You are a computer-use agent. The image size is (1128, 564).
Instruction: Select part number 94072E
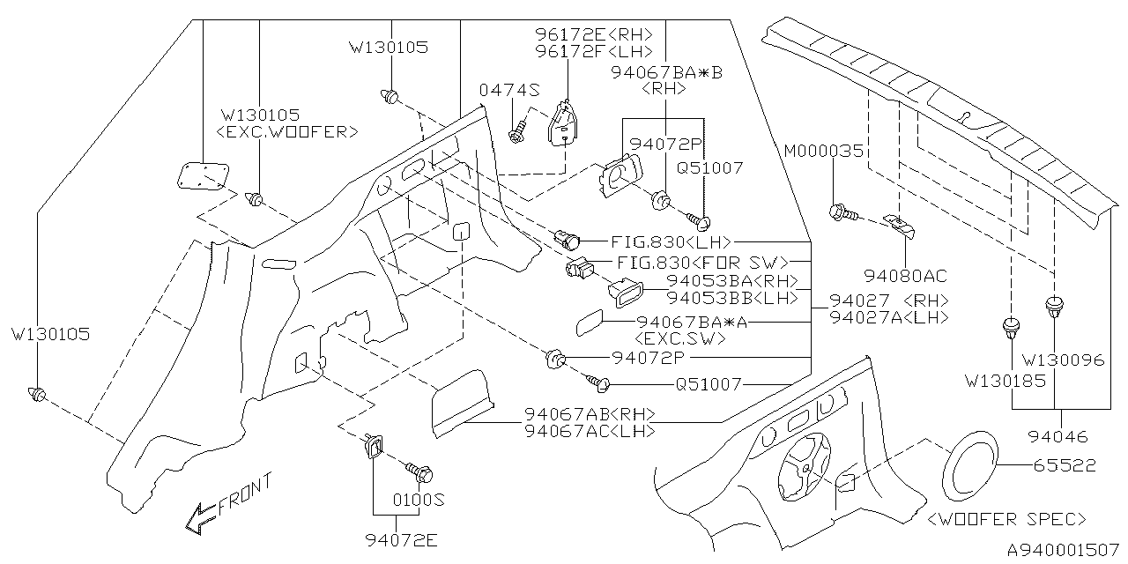point(401,541)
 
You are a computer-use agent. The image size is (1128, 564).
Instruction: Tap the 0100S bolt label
point(419,500)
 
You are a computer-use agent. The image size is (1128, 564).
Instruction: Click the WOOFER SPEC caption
point(1006,519)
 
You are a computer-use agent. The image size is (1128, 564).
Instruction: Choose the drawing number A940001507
point(1063,549)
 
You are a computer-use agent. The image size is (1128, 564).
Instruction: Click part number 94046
point(1057,436)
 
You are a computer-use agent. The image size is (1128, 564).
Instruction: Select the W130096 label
point(1063,360)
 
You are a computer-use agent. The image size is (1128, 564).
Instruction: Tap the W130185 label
point(1006,382)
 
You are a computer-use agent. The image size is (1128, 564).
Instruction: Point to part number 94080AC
point(905,276)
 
